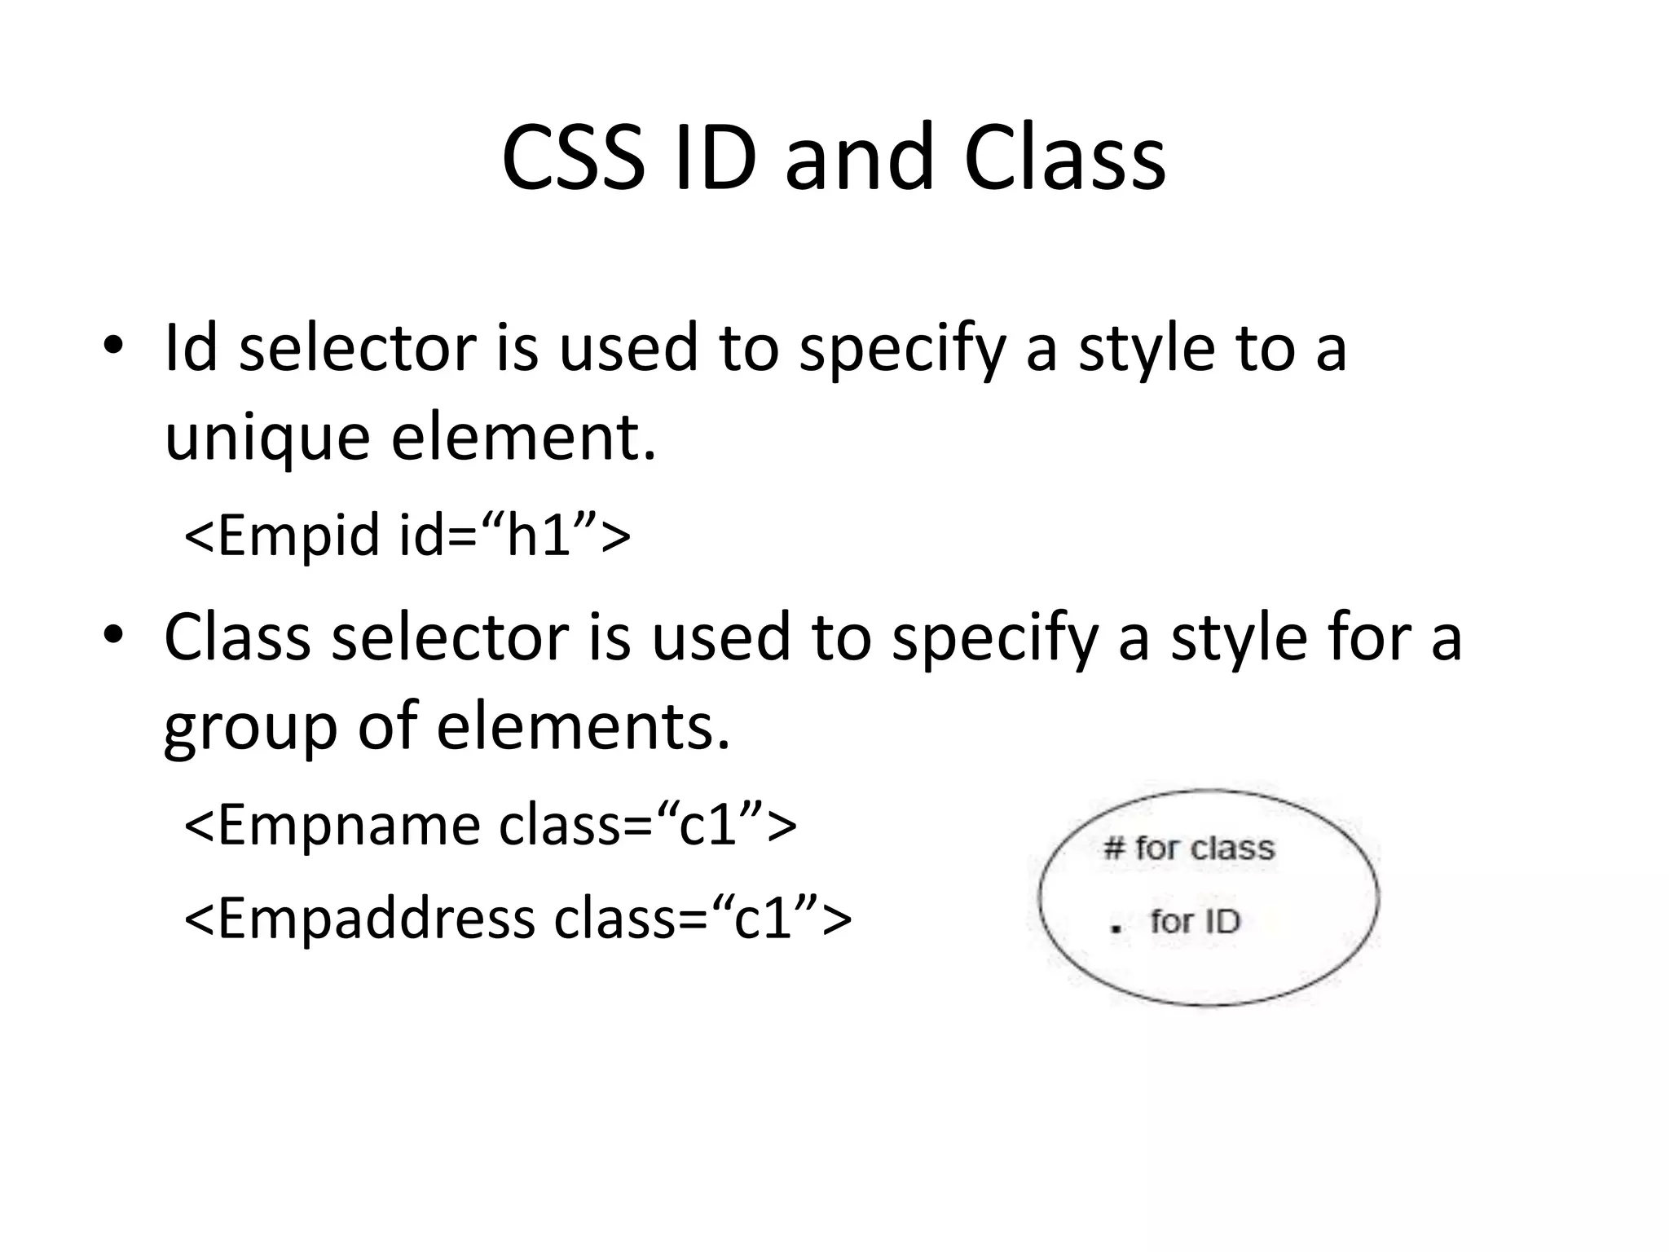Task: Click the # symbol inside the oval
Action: pos(1113,849)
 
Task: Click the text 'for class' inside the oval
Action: pos(1204,848)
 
